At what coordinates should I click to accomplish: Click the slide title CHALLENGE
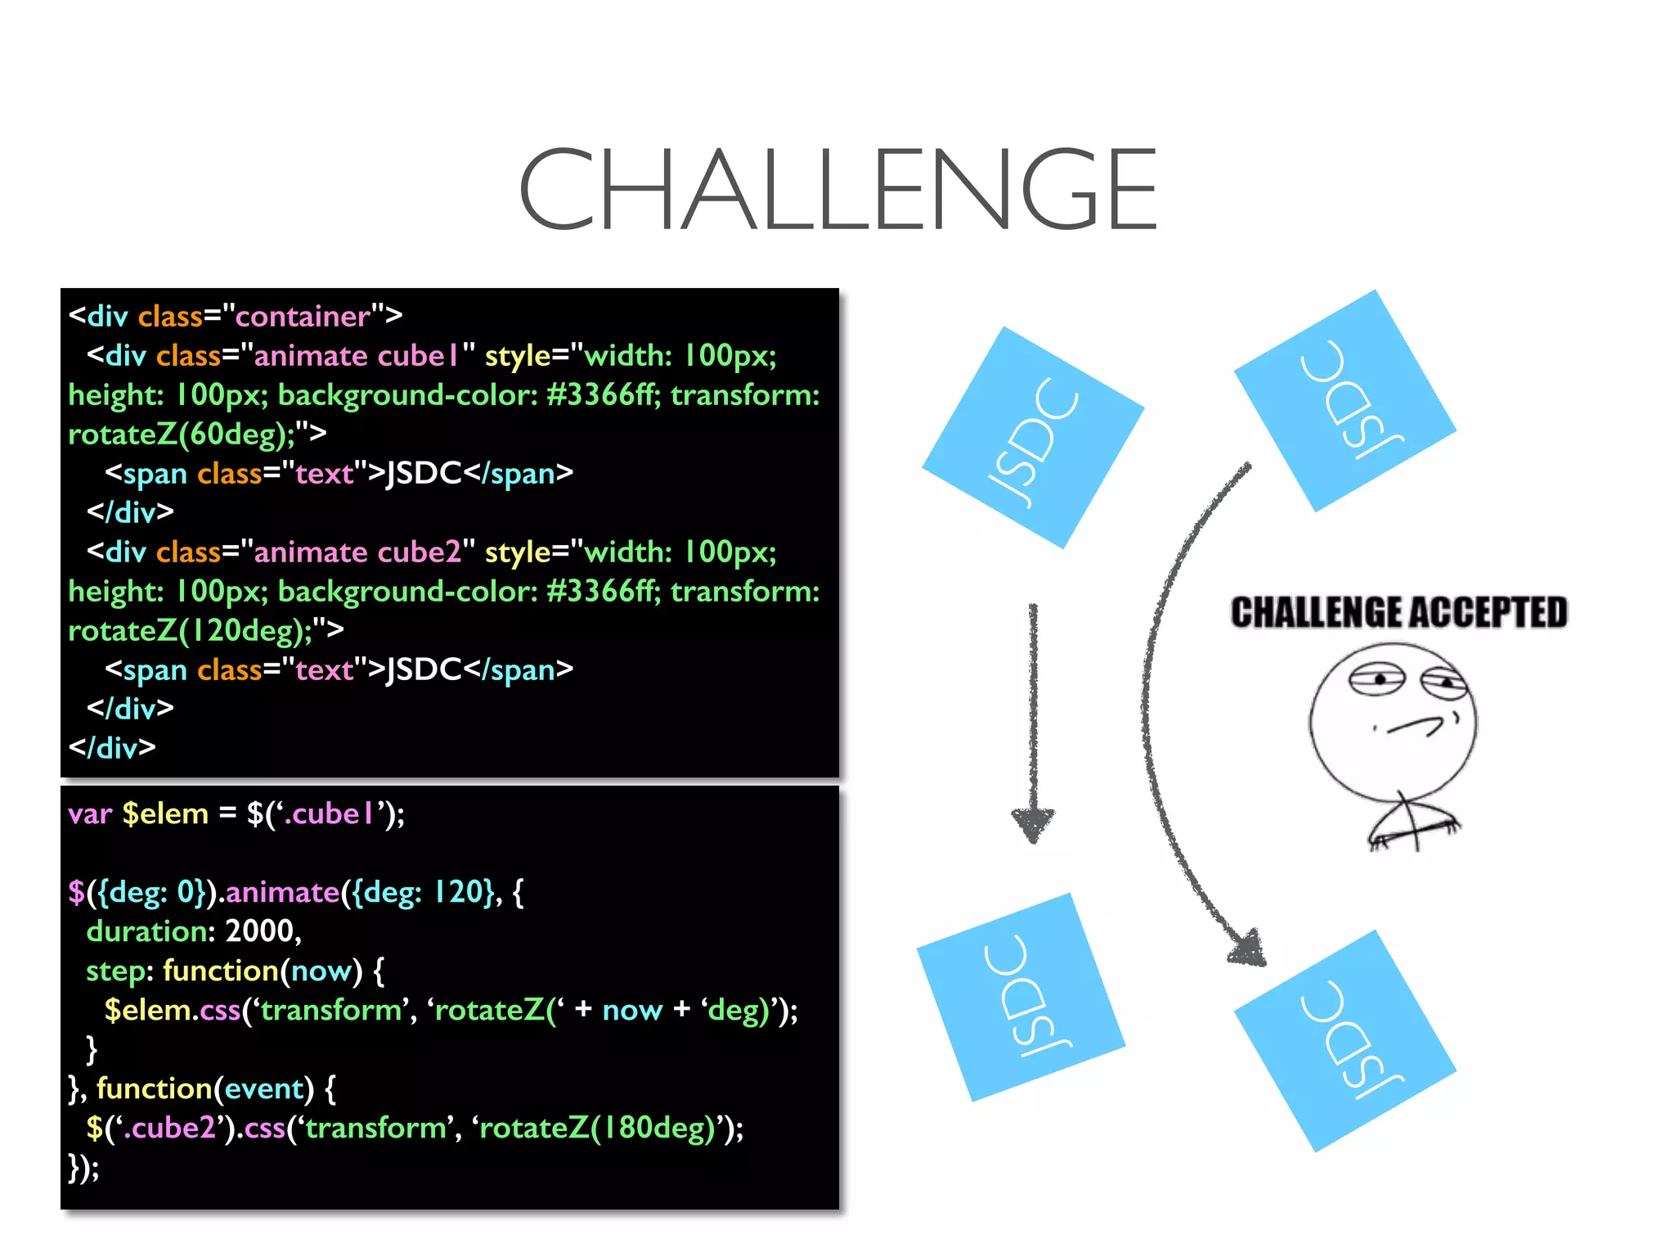pyautogui.click(x=837, y=190)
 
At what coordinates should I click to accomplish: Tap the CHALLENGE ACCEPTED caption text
pyautogui.click(x=1399, y=613)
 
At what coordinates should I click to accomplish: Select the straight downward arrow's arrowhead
pyautogui.click(x=1033, y=822)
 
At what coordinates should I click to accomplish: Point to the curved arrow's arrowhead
pyautogui.click(x=1246, y=948)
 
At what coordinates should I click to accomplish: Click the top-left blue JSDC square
pyautogui.click(x=1032, y=438)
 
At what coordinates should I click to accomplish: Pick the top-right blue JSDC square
pyautogui.click(x=1345, y=401)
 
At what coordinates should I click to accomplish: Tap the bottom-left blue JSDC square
pyautogui.click(x=1021, y=997)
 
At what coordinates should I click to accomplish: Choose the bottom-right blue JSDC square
pyautogui.click(x=1345, y=1041)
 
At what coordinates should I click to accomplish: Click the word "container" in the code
pyautogui.click(x=303, y=317)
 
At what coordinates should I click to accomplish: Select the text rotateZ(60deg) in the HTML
pyautogui.click(x=181, y=434)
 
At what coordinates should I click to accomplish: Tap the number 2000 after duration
pyautogui.click(x=263, y=931)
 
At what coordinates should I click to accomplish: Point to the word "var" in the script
pyautogui.click(x=89, y=814)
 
